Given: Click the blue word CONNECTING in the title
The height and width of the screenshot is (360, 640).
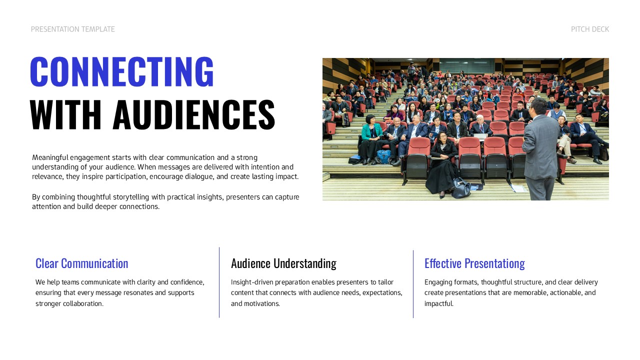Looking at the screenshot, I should click(x=122, y=72).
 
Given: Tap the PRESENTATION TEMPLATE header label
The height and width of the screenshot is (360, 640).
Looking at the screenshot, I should click(x=72, y=29).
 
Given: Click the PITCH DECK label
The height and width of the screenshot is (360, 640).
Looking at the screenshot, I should click(x=590, y=29).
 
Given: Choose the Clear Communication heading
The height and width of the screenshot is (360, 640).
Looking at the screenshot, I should click(x=81, y=263).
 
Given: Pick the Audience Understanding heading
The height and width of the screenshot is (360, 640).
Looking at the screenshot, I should click(x=283, y=263).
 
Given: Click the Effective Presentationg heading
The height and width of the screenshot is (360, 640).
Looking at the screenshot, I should click(x=474, y=263).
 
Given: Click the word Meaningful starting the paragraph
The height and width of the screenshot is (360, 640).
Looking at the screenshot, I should click(x=50, y=157).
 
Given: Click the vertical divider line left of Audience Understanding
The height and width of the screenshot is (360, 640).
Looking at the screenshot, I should click(x=219, y=282).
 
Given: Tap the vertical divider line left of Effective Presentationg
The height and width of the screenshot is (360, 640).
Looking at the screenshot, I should click(x=413, y=284).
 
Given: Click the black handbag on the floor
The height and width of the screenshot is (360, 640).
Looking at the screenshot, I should click(x=461, y=188).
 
